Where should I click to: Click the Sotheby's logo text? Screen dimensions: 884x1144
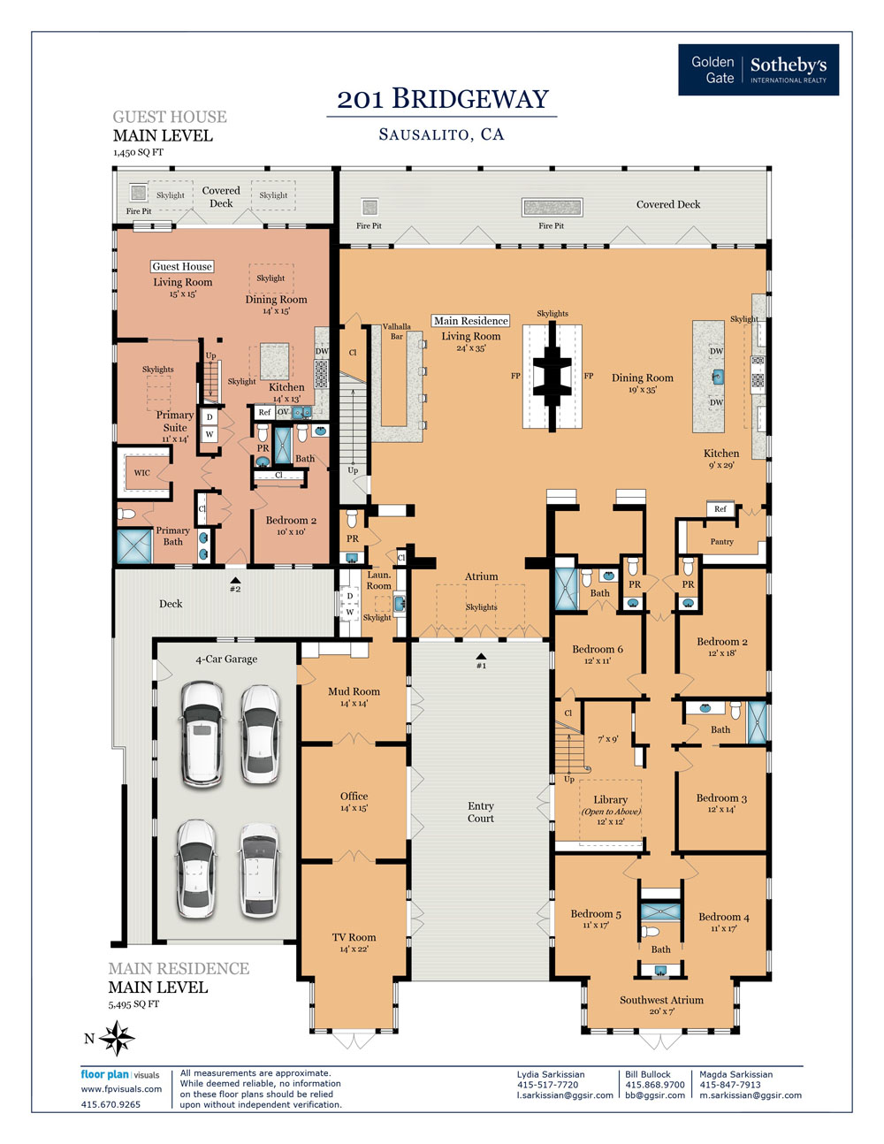coord(789,65)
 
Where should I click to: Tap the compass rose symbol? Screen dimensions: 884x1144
coord(117,1038)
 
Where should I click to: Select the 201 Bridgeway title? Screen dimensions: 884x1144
coord(443,99)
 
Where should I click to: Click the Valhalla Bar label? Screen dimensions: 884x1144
coord(397,332)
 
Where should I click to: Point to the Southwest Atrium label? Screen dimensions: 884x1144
coord(661,1000)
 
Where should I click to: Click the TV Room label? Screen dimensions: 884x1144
coord(354,937)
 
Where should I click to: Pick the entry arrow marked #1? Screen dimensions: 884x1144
coord(481,657)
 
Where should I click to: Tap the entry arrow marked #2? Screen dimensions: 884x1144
coord(235,580)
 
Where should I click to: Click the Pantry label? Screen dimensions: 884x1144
coord(721,542)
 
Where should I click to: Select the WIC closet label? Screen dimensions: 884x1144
coord(141,473)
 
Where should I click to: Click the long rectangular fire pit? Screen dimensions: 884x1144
coord(552,207)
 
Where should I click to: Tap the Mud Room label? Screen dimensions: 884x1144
coord(354,691)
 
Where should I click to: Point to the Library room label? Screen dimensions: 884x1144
coord(610,800)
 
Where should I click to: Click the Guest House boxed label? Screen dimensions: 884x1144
coord(182,266)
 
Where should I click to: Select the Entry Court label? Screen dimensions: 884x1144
coord(481,812)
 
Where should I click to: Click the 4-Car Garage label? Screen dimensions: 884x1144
coord(226,660)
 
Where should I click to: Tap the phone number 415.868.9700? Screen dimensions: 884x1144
coord(655,1085)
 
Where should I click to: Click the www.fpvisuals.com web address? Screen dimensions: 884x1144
coord(121,1089)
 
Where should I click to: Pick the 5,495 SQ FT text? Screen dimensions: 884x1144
coord(133,1004)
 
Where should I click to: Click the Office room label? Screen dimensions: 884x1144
coord(354,797)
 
